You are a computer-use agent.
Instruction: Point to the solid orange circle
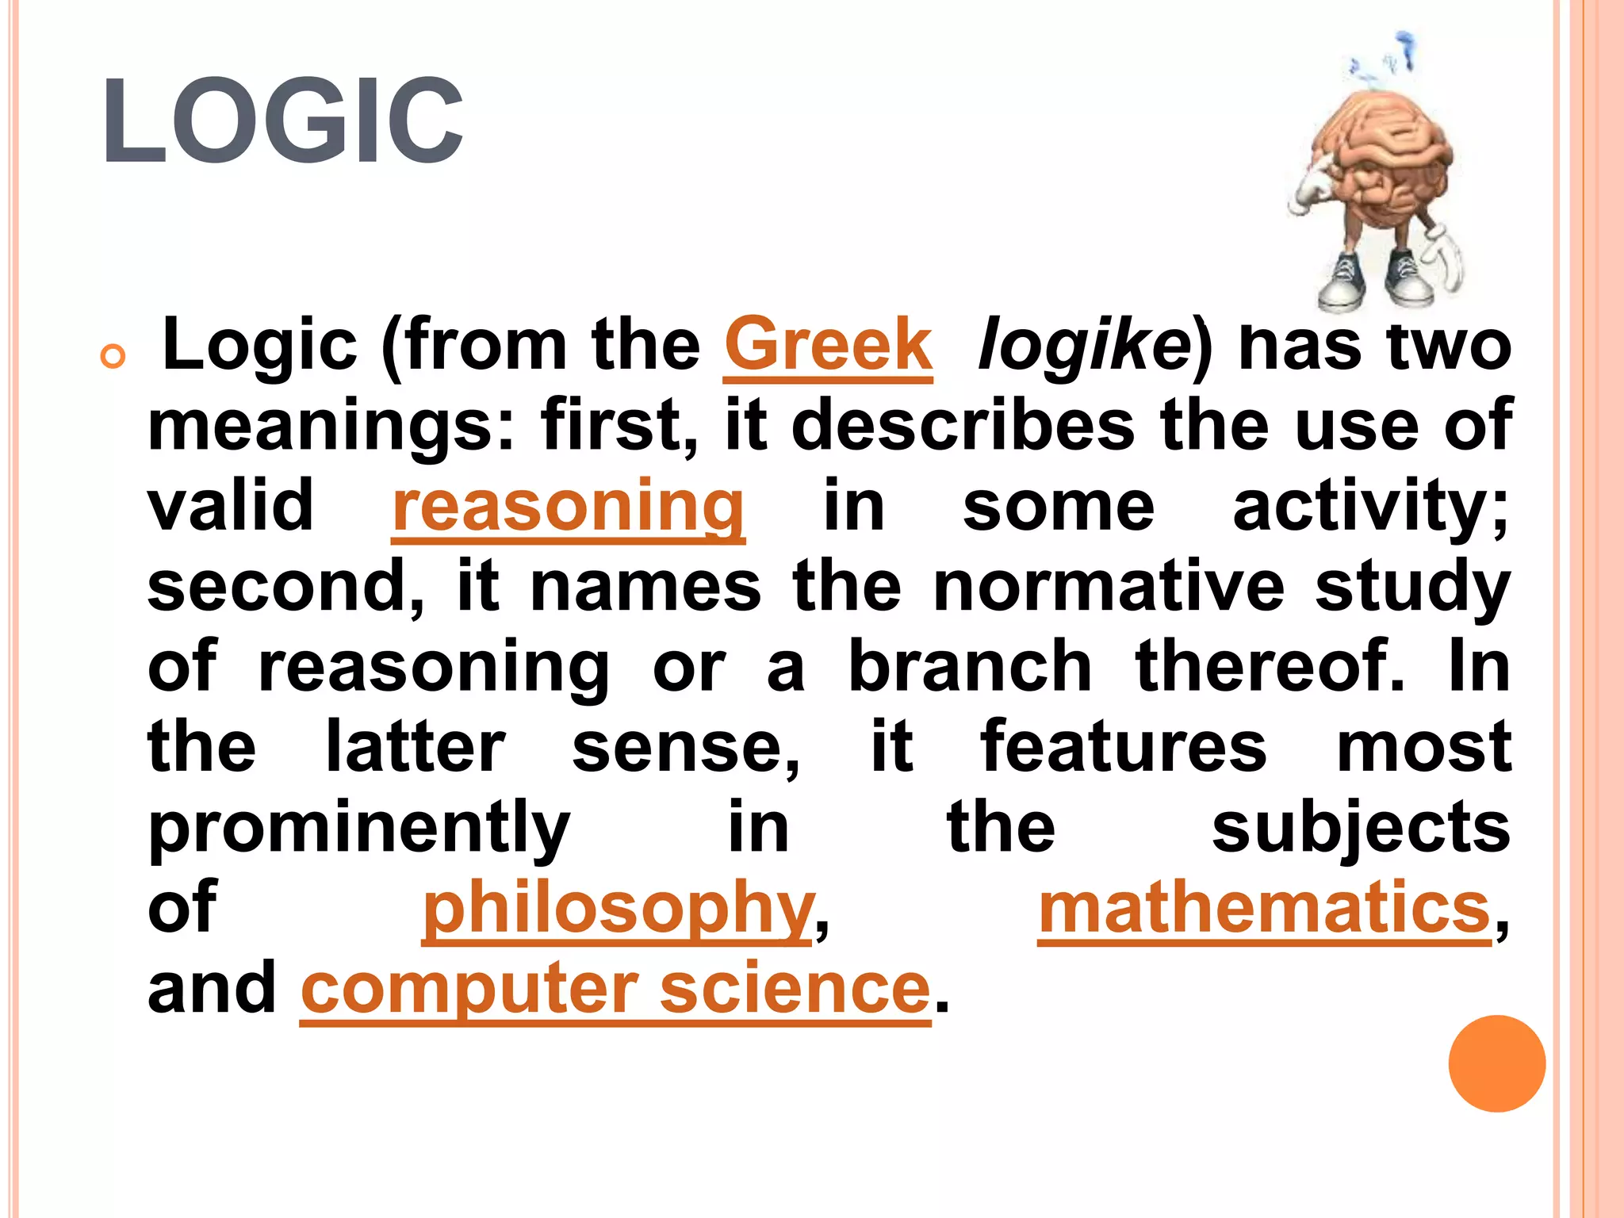pyautogui.click(x=1496, y=1063)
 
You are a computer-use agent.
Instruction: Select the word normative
pyautogui.click(x=1109, y=587)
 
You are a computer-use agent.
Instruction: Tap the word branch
pyautogui.click(x=970, y=667)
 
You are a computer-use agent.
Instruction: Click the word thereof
pyautogui.click(x=1269, y=667)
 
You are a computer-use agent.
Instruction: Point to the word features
pyautogui.click(x=1123, y=747)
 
